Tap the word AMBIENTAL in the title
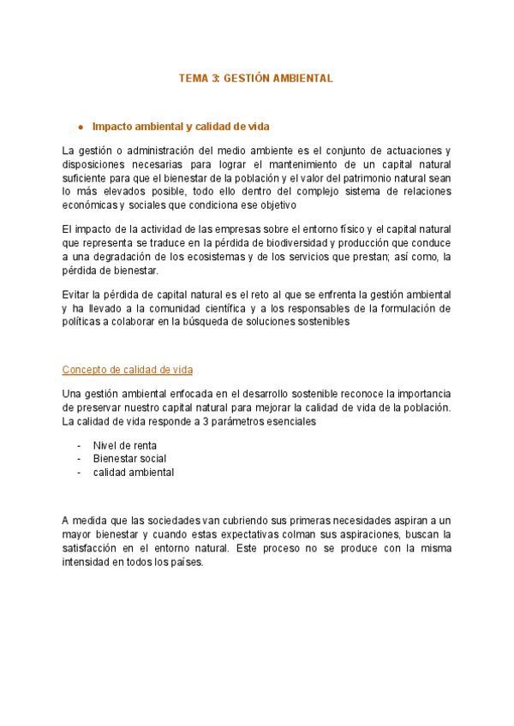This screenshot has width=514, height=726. [304, 78]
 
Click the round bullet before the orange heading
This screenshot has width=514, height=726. [80, 127]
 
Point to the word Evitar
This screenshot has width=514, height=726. [75, 295]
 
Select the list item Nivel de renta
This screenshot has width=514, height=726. [125, 445]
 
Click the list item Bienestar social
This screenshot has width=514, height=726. [129, 459]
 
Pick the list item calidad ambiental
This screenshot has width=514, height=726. [134, 473]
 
